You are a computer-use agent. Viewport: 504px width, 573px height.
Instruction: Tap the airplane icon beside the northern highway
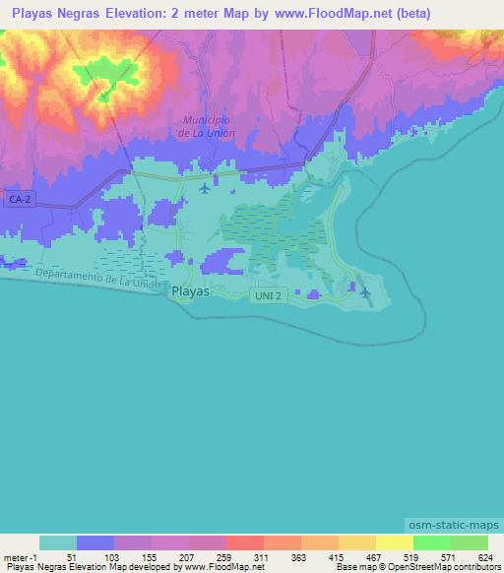(x=204, y=188)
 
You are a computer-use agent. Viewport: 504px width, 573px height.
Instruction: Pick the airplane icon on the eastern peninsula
(x=365, y=291)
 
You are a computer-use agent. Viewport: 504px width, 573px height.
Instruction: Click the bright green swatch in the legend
(x=431, y=542)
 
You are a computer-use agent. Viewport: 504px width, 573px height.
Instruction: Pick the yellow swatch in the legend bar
(x=394, y=542)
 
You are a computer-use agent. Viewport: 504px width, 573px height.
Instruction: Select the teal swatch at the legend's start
(x=57, y=542)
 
